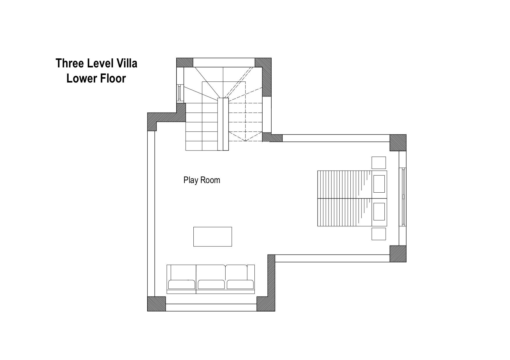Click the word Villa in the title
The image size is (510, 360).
click(x=126, y=63)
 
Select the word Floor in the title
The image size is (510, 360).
click(x=113, y=78)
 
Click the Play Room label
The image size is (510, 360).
click(x=202, y=180)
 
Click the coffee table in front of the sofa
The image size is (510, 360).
click(x=213, y=237)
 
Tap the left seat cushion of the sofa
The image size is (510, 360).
click(x=182, y=284)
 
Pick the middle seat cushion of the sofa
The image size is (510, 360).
click(x=211, y=284)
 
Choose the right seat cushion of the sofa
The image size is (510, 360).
click(x=240, y=284)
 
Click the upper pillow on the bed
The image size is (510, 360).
click(x=379, y=184)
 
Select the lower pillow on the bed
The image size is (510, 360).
click(x=379, y=212)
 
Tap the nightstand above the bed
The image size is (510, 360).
click(x=379, y=163)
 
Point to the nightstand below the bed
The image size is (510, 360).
click(x=379, y=234)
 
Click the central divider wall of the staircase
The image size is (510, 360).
click(x=223, y=124)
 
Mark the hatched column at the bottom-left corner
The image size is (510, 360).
click(x=156, y=304)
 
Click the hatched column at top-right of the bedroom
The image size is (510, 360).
click(x=398, y=143)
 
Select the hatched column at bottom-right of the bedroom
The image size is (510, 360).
click(x=398, y=254)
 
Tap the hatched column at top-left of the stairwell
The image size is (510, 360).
click(x=185, y=62)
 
